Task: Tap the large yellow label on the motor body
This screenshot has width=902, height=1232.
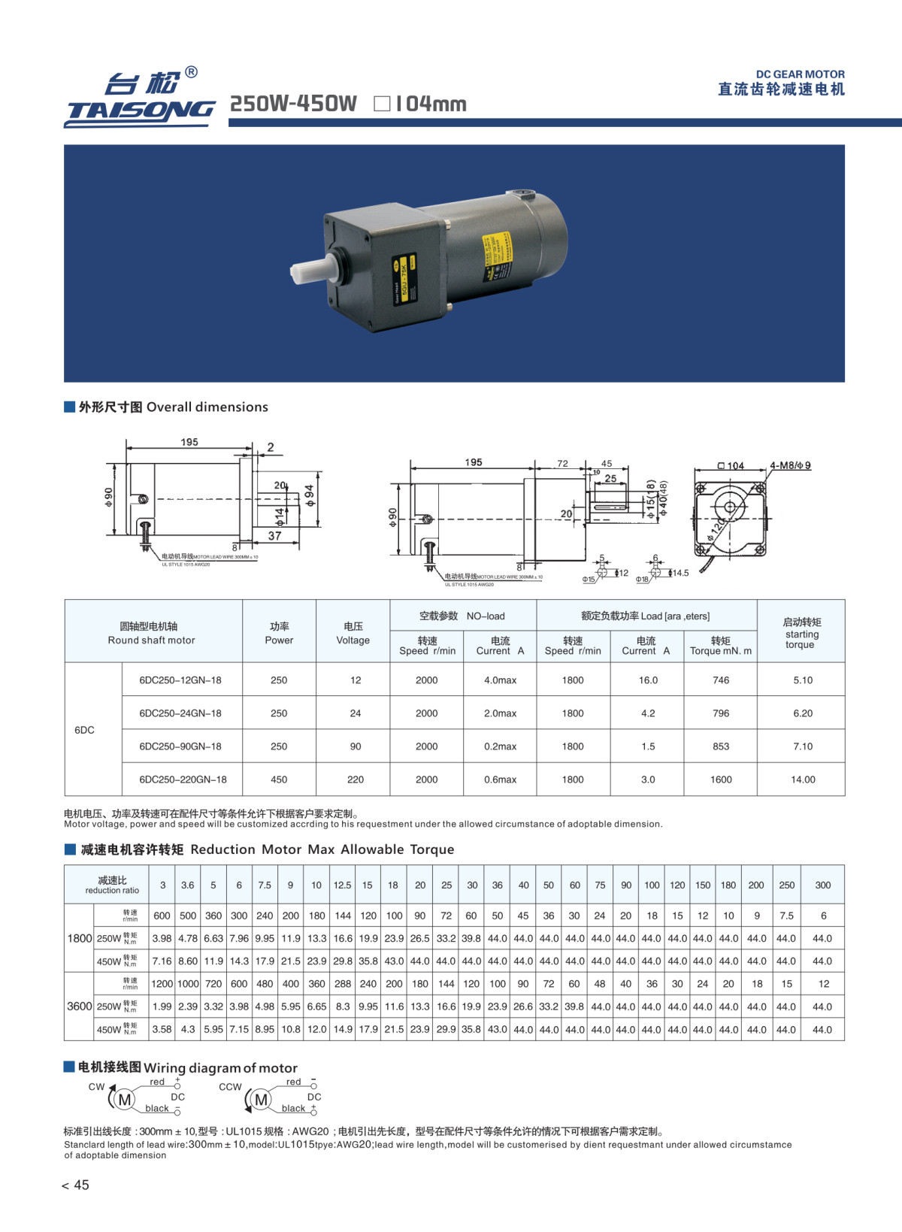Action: [496, 249]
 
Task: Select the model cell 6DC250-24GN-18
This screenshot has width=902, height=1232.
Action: [180, 713]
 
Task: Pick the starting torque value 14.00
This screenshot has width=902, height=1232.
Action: [802, 779]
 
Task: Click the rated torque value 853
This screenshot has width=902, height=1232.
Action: [720, 746]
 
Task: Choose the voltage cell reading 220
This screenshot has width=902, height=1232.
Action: [355, 779]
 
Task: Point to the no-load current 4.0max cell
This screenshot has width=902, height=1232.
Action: [500, 680]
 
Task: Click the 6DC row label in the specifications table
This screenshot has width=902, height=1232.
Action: [84, 730]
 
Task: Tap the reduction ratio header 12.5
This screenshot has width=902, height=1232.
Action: [342, 885]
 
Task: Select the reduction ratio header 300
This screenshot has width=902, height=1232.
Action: [822, 885]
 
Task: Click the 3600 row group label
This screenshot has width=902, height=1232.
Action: [79, 1006]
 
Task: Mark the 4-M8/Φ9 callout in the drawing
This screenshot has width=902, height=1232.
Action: [789, 465]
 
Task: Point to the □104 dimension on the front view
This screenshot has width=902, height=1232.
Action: [730, 465]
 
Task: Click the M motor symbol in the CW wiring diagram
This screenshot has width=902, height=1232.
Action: [125, 1100]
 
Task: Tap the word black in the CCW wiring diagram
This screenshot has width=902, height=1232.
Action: [293, 1108]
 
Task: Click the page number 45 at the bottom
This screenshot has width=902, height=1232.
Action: [80, 1185]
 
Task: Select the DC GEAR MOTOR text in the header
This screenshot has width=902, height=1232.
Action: [800, 74]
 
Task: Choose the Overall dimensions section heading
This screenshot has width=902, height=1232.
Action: [173, 407]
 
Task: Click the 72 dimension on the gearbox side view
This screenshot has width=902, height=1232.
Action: [562, 464]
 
